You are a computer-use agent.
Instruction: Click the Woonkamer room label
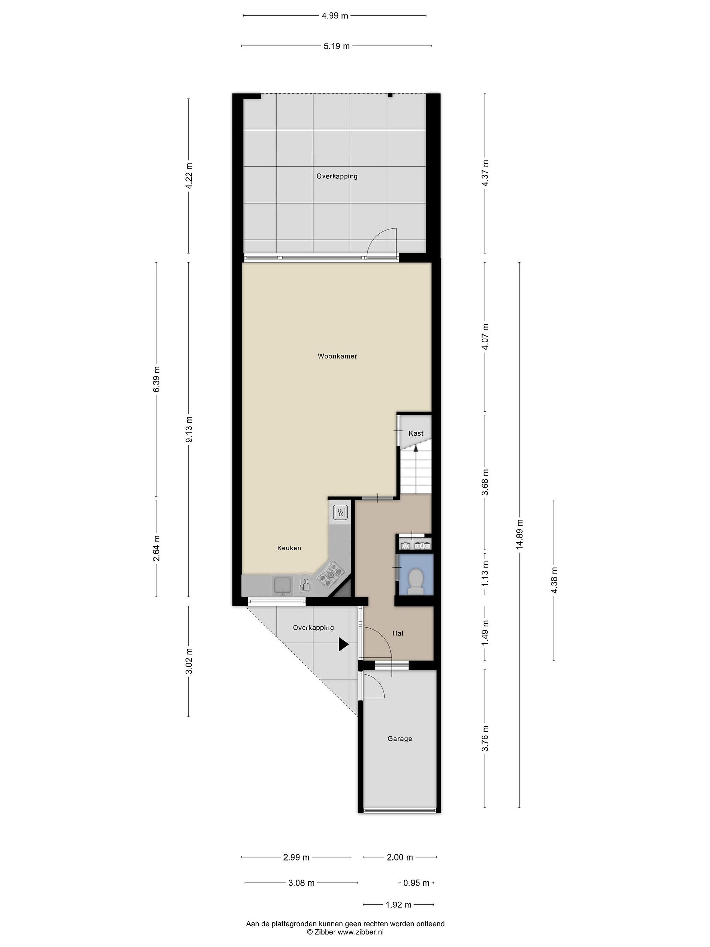337,356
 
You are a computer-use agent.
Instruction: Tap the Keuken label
289,548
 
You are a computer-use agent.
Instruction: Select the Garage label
400,739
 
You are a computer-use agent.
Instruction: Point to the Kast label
415,433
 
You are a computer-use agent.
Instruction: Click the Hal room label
398,633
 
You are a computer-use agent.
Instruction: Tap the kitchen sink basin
282,585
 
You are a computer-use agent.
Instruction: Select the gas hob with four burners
330,574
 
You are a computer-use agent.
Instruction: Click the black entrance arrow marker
343,644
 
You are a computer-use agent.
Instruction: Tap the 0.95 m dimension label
416,883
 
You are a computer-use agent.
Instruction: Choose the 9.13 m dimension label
189,429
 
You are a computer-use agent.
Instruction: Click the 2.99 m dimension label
296,857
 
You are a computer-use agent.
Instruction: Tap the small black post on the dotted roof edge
390,95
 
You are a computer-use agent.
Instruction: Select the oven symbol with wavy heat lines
340,512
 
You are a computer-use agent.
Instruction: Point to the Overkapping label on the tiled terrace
337,176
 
